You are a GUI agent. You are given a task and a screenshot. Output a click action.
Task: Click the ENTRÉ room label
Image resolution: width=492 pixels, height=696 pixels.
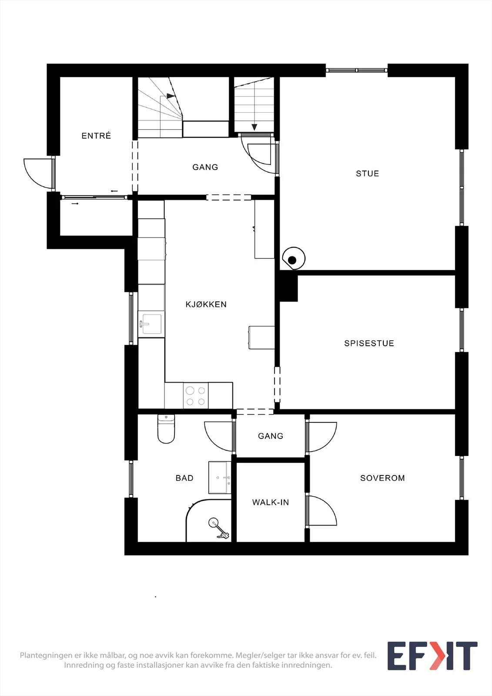(96, 135)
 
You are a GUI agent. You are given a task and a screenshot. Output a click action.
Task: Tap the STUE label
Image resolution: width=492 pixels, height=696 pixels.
(367, 174)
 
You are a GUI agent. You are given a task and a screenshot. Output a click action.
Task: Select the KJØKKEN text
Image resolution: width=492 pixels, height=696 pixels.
(206, 304)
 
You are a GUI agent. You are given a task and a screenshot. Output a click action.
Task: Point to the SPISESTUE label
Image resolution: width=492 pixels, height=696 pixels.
(369, 343)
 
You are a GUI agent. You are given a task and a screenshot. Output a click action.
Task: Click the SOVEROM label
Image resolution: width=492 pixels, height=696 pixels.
(382, 478)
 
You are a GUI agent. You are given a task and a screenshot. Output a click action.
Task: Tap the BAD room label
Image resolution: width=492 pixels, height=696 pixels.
(184, 478)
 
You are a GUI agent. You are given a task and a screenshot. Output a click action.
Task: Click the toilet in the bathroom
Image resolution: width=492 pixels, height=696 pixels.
(166, 429)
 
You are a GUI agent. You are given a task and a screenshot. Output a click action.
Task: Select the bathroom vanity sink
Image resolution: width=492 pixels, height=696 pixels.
(220, 478)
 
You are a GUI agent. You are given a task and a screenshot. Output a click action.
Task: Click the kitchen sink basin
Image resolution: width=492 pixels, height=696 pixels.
(151, 325)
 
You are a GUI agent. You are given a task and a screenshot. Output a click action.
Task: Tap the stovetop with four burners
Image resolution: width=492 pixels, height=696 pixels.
(196, 395)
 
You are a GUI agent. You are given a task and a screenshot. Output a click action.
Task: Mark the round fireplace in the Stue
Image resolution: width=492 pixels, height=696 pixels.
(294, 258)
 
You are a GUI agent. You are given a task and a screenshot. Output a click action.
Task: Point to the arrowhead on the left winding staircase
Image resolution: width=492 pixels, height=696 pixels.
(171, 96)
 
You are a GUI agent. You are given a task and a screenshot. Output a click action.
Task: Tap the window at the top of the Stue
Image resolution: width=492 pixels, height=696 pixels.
(356, 70)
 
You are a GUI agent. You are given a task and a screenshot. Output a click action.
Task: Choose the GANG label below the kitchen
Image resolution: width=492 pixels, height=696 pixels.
(271, 436)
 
